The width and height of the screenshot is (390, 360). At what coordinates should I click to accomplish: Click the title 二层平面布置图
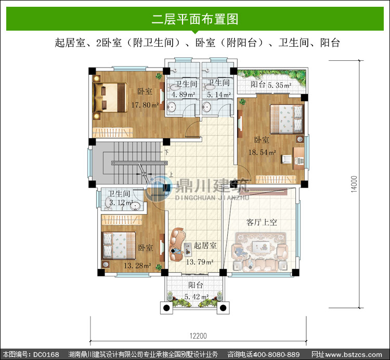click(195, 19)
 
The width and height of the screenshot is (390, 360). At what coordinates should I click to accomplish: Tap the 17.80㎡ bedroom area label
click(145, 105)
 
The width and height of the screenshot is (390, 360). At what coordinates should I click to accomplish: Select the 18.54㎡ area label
click(262, 152)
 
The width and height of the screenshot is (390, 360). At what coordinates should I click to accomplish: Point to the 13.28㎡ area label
click(138, 265)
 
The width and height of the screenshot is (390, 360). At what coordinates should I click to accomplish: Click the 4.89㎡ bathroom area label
click(183, 95)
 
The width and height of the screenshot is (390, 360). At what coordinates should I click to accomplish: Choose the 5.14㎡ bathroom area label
click(219, 95)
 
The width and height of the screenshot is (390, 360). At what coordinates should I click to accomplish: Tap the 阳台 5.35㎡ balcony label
click(271, 85)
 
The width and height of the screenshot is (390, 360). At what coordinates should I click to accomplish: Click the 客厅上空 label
click(262, 222)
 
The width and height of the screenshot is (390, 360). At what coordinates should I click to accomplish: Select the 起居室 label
click(205, 246)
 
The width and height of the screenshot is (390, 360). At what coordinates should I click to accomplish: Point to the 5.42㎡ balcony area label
click(197, 297)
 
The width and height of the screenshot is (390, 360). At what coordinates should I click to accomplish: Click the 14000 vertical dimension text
click(354, 184)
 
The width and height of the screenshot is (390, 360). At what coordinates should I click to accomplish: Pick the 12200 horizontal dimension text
click(198, 336)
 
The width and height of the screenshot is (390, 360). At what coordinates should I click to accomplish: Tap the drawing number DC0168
click(46, 354)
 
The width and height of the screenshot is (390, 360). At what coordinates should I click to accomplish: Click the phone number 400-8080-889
click(276, 354)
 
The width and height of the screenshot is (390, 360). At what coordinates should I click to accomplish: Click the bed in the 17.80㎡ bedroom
click(110, 98)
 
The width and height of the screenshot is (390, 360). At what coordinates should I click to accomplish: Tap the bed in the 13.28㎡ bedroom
click(119, 246)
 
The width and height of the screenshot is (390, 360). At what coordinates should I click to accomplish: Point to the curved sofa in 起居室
click(177, 245)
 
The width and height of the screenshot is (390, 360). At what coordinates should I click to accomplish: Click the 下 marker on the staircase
click(166, 152)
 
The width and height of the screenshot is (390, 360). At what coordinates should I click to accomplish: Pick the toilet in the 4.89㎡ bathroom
click(174, 87)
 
